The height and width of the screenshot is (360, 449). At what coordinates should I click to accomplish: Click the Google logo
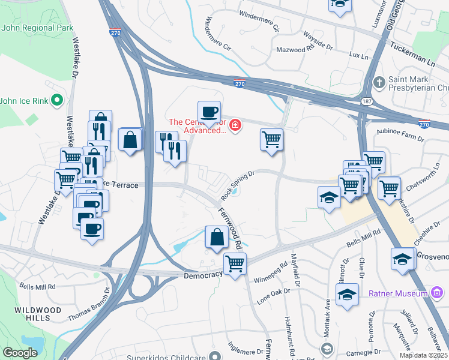(x=20, y=353)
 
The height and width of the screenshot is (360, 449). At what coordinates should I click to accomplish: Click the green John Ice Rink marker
(x=58, y=100)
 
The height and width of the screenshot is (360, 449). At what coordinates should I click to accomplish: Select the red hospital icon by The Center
(x=236, y=125)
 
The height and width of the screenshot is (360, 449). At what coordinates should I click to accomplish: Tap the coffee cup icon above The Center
(x=209, y=112)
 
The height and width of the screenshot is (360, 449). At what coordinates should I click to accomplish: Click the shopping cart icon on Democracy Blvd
(x=235, y=263)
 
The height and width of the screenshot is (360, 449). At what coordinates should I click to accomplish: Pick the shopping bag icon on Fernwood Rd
(x=216, y=237)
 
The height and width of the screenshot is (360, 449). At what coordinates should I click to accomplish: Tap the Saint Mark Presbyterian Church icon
(x=379, y=82)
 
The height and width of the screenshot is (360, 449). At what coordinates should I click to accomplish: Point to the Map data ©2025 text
(x=423, y=355)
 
